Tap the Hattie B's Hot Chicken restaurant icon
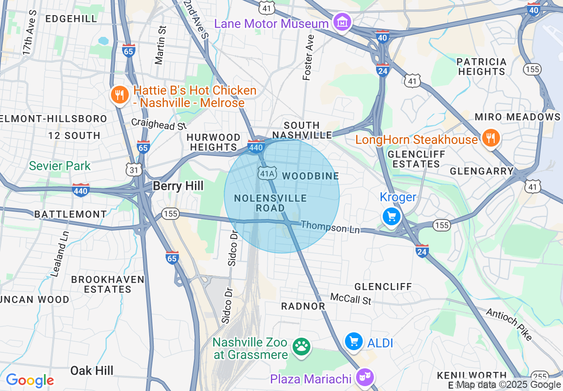[x=119, y=96]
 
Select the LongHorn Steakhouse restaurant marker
[x=490, y=139]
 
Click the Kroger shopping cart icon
[x=392, y=217]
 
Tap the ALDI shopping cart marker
[x=354, y=342]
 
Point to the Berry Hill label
[x=178, y=186]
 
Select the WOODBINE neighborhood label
[x=310, y=176]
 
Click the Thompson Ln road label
[x=330, y=227]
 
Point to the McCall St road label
[x=351, y=299]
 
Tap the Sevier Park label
[x=60, y=166]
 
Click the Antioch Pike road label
[x=509, y=324]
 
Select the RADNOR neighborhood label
[x=303, y=306]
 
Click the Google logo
[x=30, y=380]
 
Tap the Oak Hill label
[x=92, y=371]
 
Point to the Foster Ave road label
[x=308, y=58]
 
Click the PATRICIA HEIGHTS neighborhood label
[x=481, y=67]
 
